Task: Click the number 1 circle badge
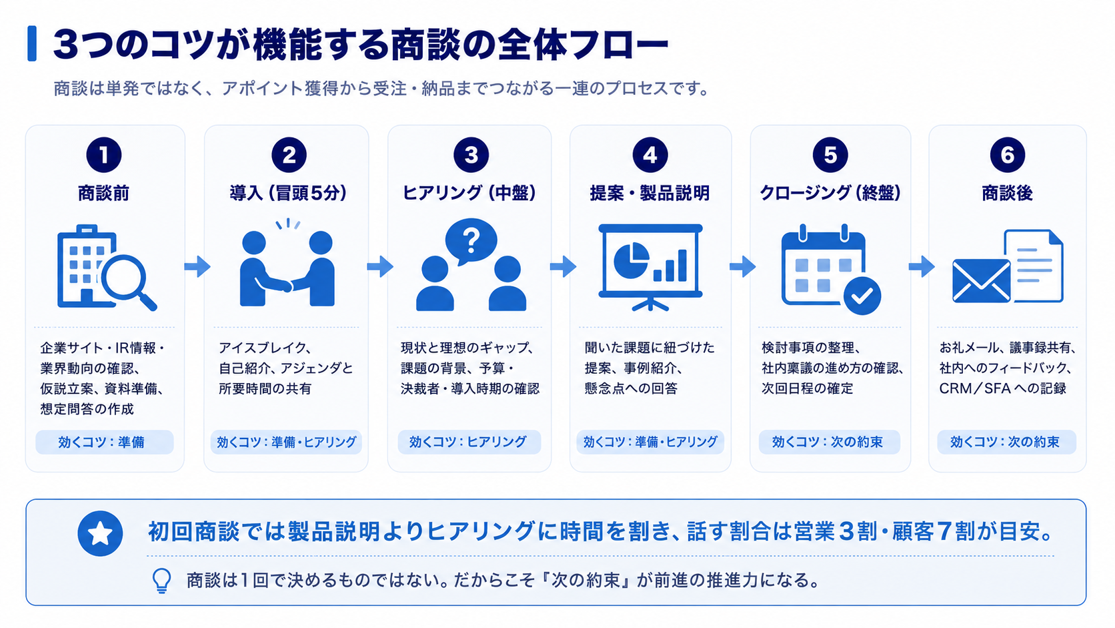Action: (x=103, y=155)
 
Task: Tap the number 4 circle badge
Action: (x=650, y=155)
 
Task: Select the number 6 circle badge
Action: (x=1007, y=155)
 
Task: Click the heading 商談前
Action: (x=103, y=194)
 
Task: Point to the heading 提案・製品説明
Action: (x=650, y=194)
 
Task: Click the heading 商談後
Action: (x=1007, y=194)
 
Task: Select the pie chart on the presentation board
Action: (x=631, y=260)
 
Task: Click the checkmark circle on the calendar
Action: (x=862, y=296)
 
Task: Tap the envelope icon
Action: (x=981, y=281)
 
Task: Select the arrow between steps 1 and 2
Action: (x=197, y=266)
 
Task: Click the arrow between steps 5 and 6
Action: (x=922, y=266)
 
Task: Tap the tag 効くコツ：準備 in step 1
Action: (x=105, y=442)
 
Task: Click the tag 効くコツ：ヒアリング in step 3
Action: (x=469, y=442)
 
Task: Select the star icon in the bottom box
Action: (x=100, y=533)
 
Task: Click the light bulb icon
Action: (x=161, y=581)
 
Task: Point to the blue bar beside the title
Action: (x=32, y=43)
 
